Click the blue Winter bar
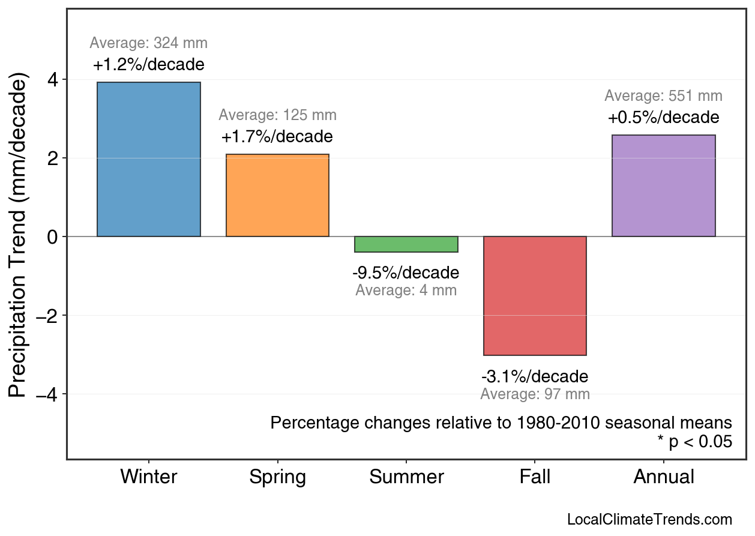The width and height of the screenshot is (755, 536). [149, 159]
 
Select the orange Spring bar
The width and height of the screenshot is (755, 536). [277, 195]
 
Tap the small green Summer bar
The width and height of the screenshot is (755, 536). [406, 244]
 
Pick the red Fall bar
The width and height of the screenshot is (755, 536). [535, 295]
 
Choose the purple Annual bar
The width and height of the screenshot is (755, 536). [663, 185]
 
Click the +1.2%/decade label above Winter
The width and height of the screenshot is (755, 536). [149, 65]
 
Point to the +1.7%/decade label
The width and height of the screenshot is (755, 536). [277, 137]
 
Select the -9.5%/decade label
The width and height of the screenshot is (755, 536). [406, 273]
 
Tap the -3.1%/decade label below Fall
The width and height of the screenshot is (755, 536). [535, 377]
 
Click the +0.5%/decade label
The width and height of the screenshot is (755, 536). [663, 117]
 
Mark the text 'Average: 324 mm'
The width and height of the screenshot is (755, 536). [149, 43]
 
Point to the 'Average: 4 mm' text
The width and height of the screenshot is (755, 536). [406, 291]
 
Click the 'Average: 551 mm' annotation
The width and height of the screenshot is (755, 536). [663, 96]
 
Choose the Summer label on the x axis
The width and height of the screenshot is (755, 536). [406, 477]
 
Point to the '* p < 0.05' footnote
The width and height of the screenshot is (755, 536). [694, 442]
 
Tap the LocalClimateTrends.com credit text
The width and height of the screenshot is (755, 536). [649, 520]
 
